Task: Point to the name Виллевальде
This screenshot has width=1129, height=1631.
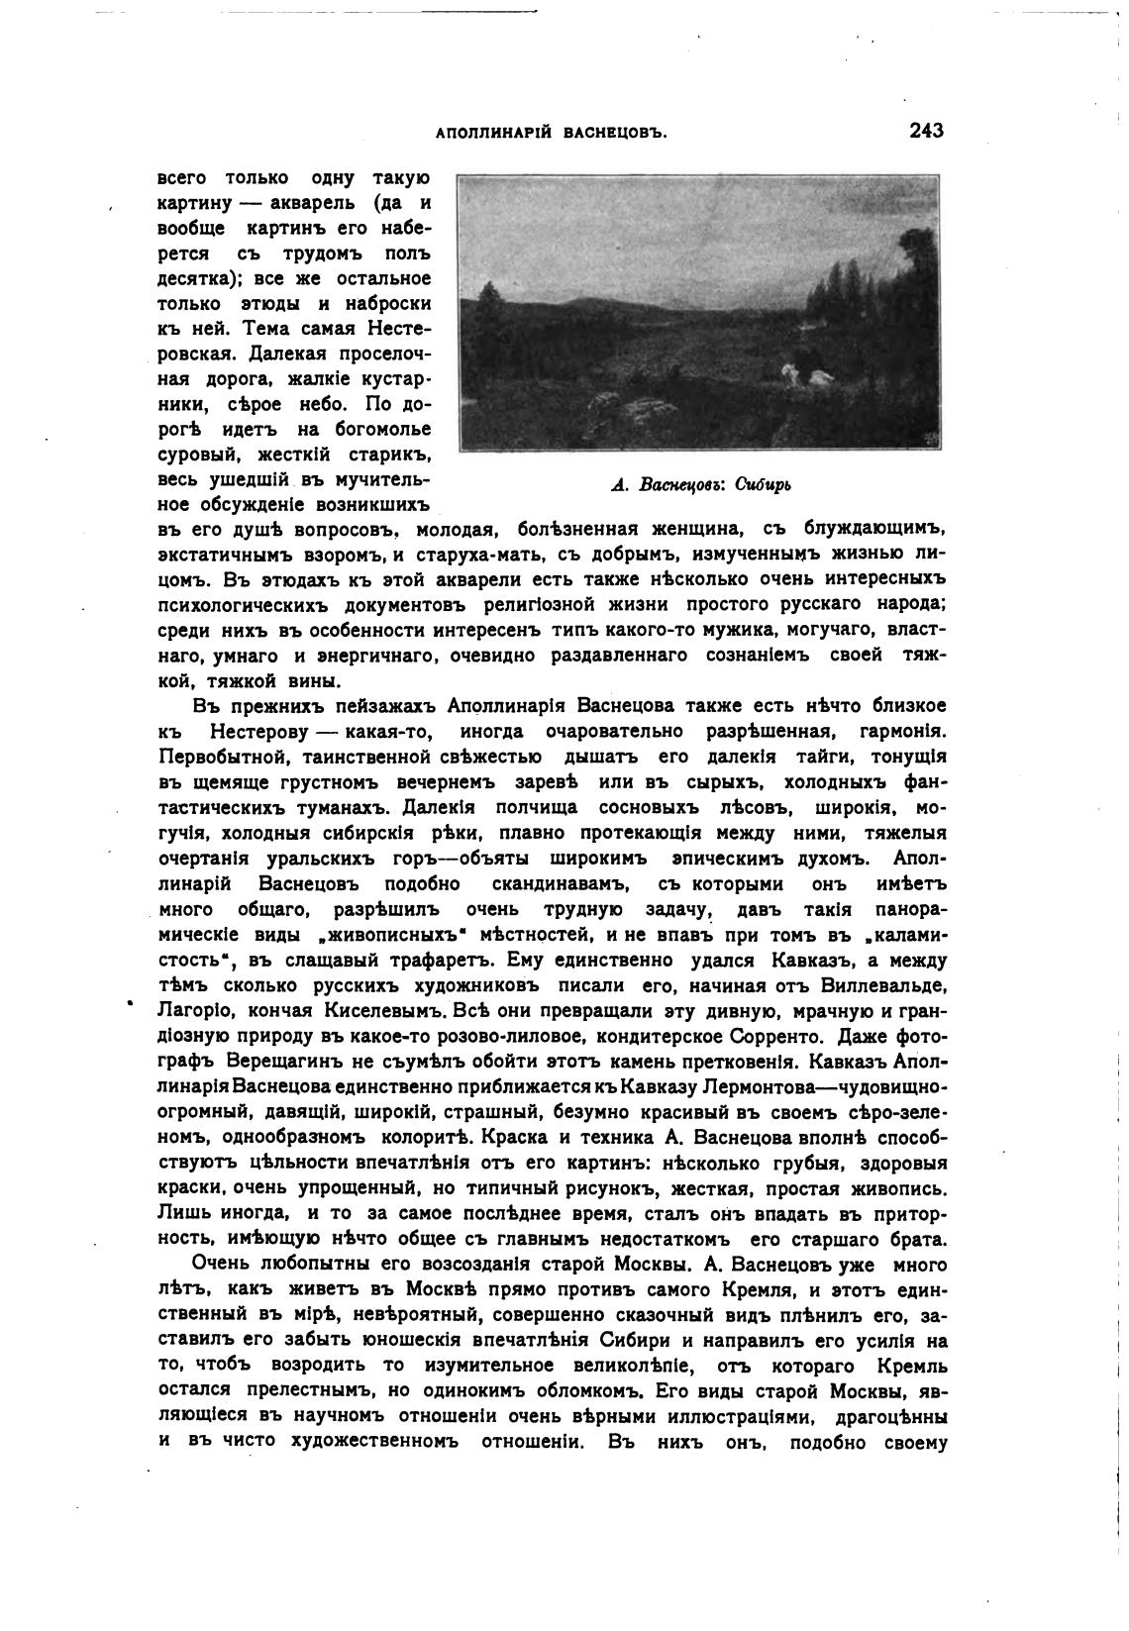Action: [883, 986]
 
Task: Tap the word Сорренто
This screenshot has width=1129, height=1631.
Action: [774, 1038]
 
